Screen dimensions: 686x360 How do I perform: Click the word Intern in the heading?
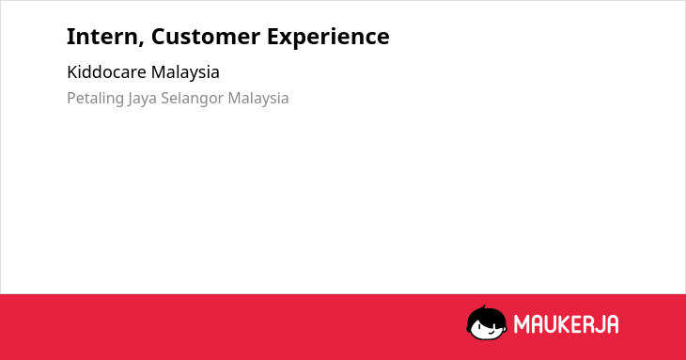pos(102,37)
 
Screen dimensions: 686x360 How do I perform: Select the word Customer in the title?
pos(206,37)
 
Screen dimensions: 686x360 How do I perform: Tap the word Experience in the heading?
pos(328,38)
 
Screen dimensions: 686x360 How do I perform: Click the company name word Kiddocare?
pos(107,72)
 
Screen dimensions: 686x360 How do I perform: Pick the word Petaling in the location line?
pos(95,99)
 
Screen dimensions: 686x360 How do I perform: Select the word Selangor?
pos(193,99)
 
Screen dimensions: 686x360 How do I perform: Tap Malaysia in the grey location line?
pos(258,99)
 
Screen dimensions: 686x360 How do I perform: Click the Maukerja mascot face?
pos(487,323)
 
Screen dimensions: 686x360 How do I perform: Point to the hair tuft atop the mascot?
pos(483,307)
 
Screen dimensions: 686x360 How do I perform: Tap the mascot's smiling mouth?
pos(491,332)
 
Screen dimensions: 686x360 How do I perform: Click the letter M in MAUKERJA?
pos(522,324)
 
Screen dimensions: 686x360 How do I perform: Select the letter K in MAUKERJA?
pos(564,324)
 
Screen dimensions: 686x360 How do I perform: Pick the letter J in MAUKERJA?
pos(600,324)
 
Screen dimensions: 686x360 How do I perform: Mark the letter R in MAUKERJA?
pos(587,324)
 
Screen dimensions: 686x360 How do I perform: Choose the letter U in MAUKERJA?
pos(551,324)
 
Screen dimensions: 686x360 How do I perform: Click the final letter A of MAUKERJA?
pos(613,324)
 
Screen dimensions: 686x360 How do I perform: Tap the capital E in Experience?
pos(273,37)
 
